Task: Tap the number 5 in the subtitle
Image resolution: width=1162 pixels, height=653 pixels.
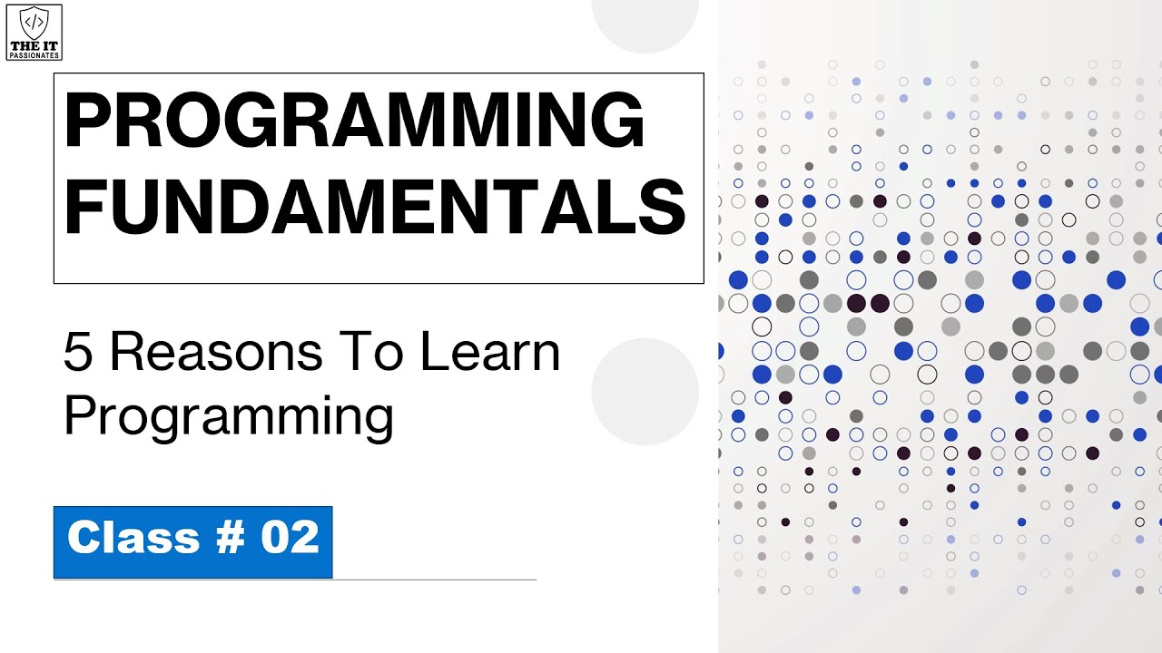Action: (x=78, y=353)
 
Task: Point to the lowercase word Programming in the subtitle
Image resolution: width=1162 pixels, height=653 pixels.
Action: (x=228, y=416)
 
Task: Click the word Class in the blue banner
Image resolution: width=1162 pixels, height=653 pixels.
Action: (x=133, y=538)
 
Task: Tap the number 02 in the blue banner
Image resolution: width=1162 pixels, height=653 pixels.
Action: (x=290, y=538)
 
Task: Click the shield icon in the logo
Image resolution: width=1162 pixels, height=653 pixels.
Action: (x=34, y=23)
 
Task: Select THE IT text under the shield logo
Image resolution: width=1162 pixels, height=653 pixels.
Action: (x=34, y=45)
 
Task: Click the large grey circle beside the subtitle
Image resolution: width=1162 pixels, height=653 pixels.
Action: (x=645, y=392)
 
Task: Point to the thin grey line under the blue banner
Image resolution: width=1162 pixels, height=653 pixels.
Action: (x=436, y=579)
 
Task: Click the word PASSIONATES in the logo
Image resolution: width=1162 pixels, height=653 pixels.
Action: (x=34, y=54)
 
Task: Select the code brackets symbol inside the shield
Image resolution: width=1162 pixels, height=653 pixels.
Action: (x=34, y=21)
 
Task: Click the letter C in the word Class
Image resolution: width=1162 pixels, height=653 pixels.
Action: (x=83, y=538)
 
